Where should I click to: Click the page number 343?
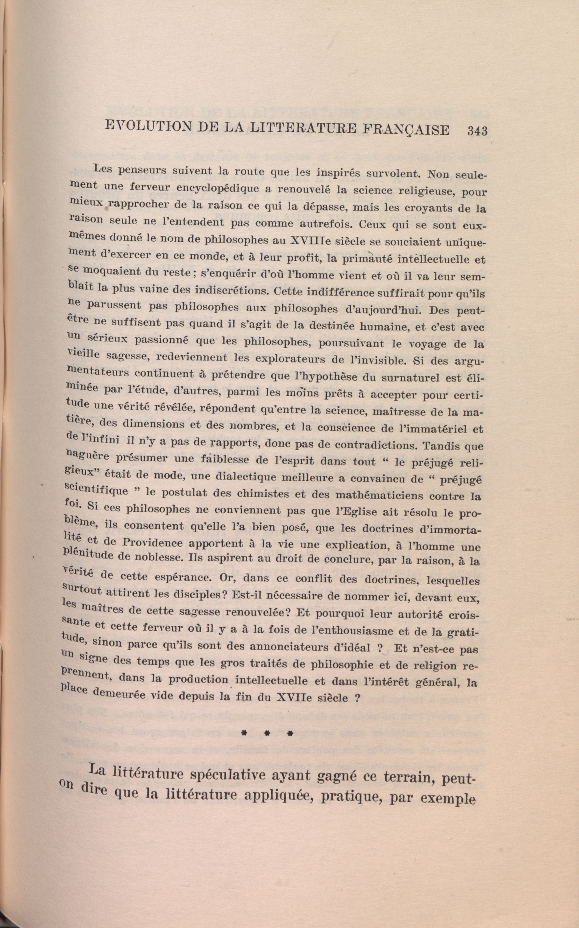(477, 131)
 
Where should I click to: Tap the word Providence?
(153, 543)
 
